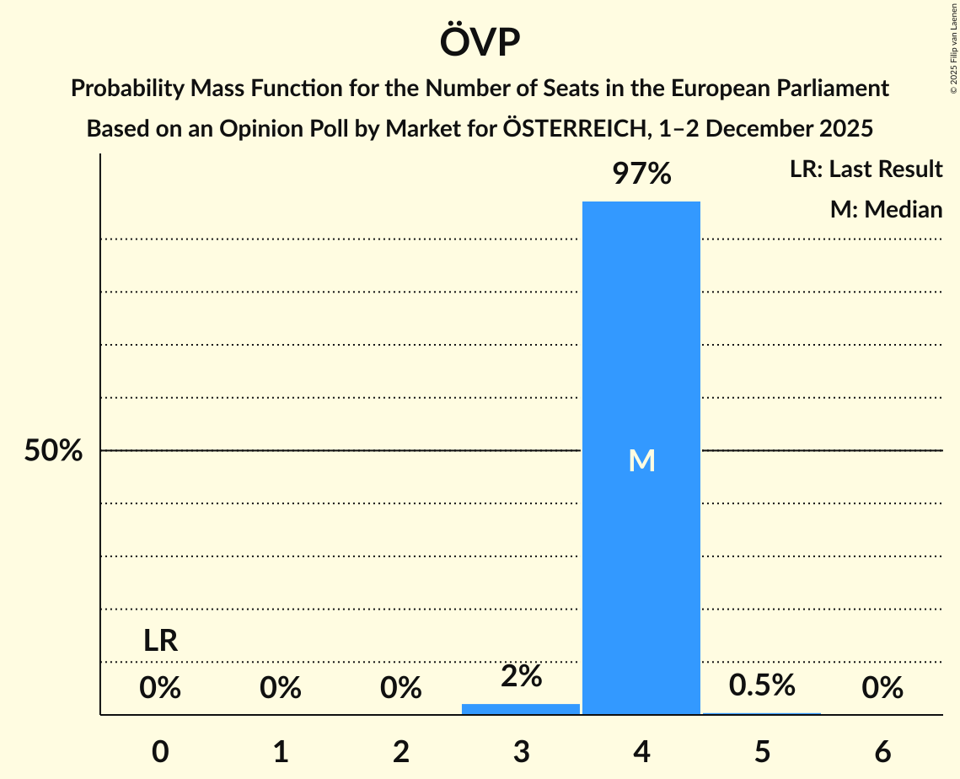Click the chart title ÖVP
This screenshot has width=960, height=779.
(x=480, y=41)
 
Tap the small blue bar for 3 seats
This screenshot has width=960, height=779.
(x=521, y=709)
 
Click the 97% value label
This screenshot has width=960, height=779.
(x=641, y=175)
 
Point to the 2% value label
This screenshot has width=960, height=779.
(x=521, y=675)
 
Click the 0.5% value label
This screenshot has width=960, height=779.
(x=762, y=685)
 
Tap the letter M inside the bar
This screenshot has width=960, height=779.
(x=641, y=460)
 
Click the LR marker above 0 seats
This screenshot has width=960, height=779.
(x=160, y=641)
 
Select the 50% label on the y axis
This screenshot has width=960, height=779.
(x=53, y=451)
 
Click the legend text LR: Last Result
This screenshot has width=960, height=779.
(x=866, y=169)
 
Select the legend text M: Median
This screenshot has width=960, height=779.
(x=886, y=209)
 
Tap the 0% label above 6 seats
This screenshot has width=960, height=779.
(x=882, y=689)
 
